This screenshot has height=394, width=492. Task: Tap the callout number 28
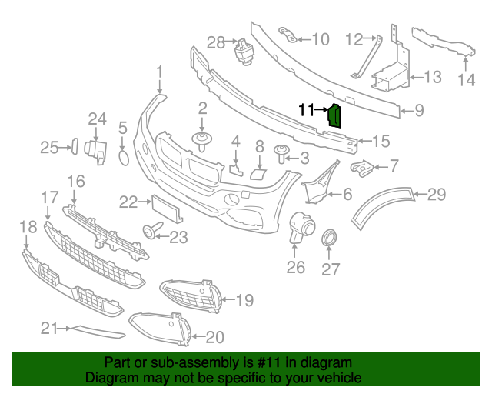216,42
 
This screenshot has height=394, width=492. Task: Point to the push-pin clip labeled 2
203,141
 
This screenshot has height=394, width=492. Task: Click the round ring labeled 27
329,238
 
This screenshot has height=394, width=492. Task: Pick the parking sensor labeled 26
299,229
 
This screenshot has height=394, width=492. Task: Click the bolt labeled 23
148,229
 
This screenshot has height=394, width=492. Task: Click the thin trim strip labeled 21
98,332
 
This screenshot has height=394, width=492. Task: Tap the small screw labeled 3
281,159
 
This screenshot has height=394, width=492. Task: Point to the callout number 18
28,226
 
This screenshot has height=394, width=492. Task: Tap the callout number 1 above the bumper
160,73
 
